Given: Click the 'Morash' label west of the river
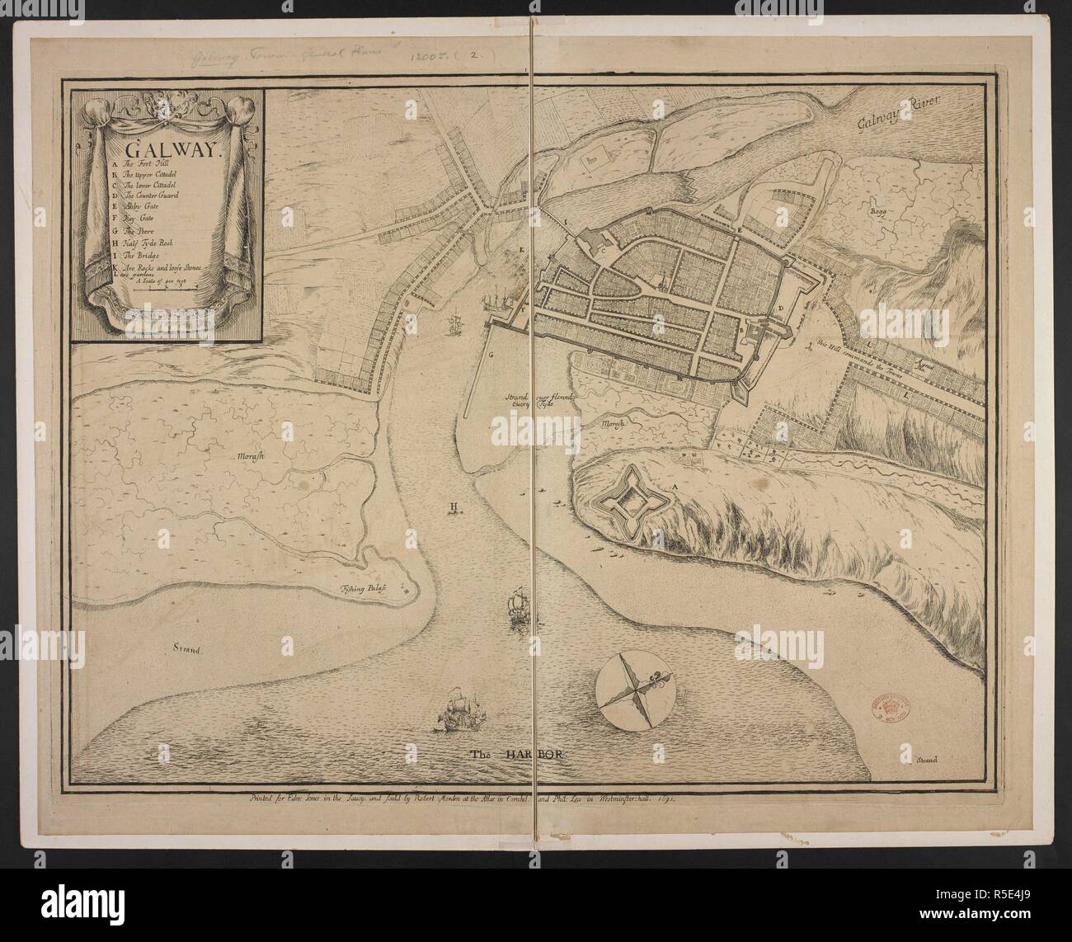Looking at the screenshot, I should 250,455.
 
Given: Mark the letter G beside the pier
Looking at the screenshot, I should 490,352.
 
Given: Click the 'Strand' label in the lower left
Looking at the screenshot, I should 188,649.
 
